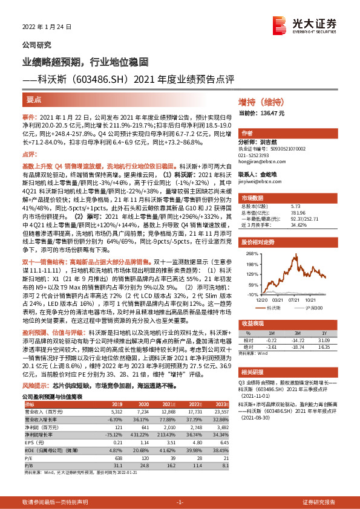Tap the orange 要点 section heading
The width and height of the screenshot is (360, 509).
tap(33, 100)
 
